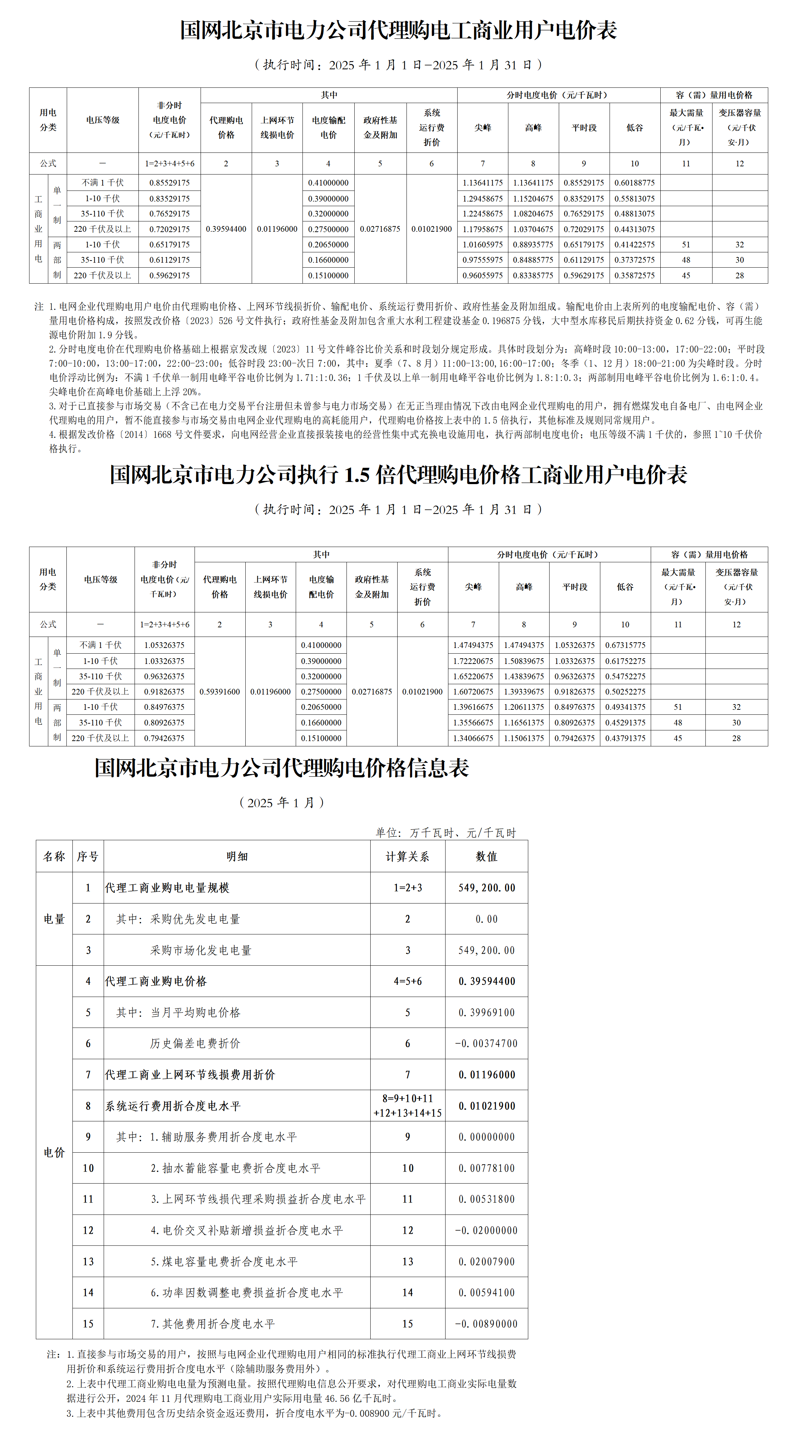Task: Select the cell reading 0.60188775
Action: click(x=634, y=183)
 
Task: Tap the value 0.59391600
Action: click(x=220, y=692)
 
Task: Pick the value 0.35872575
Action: click(x=634, y=275)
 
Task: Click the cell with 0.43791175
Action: click(x=625, y=738)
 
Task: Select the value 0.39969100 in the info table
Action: click(x=487, y=1013)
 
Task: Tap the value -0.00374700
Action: click(x=487, y=1044)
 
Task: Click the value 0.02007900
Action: click(x=487, y=1262)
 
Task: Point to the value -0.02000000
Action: click(x=487, y=1230)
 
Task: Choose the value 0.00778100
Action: click(x=487, y=1168)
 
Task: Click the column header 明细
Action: click(x=237, y=856)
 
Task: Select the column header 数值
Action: click(x=487, y=856)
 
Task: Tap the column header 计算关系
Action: click(x=408, y=856)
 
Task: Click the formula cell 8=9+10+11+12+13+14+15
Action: click(x=408, y=1106)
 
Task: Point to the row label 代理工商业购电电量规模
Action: click(x=167, y=888)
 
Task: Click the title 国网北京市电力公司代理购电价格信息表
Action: click(x=282, y=768)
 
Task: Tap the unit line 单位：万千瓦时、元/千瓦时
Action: click(x=446, y=833)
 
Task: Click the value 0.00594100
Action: click(x=487, y=1293)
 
